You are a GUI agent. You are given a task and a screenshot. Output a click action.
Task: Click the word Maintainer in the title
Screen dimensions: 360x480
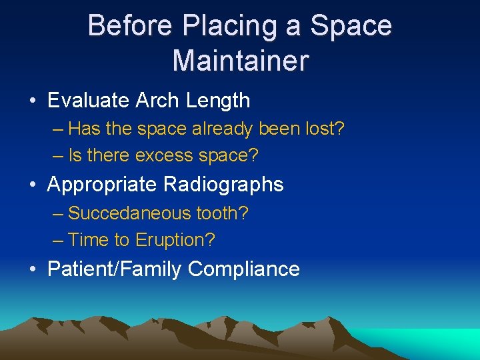pyautogui.click(x=240, y=60)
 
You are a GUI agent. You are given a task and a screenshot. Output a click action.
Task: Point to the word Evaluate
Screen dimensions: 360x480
pyautogui.click(x=89, y=101)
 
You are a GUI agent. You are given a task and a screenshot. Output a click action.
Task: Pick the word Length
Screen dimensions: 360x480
pyautogui.click(x=217, y=101)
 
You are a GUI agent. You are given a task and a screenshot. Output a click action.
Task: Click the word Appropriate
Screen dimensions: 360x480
pyautogui.click(x=102, y=185)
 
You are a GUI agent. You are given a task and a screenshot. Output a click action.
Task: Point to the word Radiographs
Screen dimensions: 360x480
pyautogui.click(x=223, y=185)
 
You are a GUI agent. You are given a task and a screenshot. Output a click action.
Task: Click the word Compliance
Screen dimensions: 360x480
pyautogui.click(x=244, y=269)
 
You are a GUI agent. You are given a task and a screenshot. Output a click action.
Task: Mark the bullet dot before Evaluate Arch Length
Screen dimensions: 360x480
pyautogui.click(x=33, y=101)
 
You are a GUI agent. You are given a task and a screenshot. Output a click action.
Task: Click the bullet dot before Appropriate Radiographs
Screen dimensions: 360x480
pyautogui.click(x=33, y=185)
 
